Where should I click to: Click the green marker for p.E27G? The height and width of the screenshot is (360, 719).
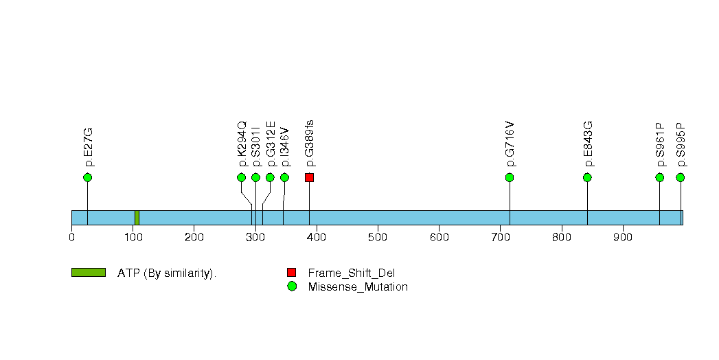pos(88,177)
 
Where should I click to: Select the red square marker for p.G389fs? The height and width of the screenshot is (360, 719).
pos(310,177)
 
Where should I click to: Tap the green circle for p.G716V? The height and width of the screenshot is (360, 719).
pos(510,177)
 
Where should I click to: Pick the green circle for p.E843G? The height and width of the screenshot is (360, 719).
pos(587,177)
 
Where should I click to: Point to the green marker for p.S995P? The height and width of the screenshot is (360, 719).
pos(681,177)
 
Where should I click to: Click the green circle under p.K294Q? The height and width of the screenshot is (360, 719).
pos(242,177)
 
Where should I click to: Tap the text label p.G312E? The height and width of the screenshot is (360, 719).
pos(271,144)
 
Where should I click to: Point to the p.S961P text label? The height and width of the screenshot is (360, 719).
pos(660,144)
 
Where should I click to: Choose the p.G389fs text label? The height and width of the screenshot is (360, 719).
pos(310,143)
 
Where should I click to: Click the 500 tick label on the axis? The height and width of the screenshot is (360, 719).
pos(378,238)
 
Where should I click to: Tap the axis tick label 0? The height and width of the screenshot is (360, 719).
pos(71,238)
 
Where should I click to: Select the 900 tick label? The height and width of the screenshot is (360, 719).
pos(623,238)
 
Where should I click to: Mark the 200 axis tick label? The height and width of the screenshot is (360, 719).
pos(194,238)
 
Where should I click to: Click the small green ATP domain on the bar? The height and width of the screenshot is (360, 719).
pos(137,218)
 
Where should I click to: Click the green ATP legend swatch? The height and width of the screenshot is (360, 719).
pos(89,273)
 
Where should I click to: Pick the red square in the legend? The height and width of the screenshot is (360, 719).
pos(292,273)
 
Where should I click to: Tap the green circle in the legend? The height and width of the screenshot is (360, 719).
pos(292,286)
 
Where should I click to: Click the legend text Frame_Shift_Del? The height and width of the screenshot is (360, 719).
pos(351,273)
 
